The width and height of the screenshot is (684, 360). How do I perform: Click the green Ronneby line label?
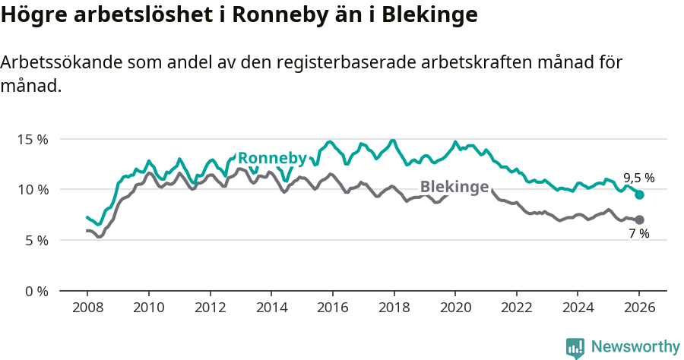click(272, 158)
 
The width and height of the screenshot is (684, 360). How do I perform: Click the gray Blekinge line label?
click(454, 188)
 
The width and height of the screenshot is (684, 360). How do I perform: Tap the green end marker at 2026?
click(639, 195)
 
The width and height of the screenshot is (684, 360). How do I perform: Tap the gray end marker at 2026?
click(639, 219)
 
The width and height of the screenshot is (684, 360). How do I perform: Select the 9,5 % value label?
click(638, 178)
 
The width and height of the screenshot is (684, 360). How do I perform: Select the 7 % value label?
click(638, 234)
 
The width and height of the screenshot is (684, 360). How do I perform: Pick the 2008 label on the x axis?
click(87, 309)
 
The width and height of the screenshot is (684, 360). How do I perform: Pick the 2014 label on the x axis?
click(271, 309)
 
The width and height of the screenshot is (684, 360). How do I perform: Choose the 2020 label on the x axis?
click(455, 309)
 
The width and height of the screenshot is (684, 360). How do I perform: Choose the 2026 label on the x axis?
click(639, 309)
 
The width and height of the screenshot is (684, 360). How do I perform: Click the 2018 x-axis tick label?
click(394, 309)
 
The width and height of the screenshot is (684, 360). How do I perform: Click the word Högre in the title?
click(30, 15)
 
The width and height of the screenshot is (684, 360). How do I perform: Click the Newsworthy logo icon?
click(575, 348)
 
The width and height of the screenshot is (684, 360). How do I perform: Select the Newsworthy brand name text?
click(635, 347)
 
